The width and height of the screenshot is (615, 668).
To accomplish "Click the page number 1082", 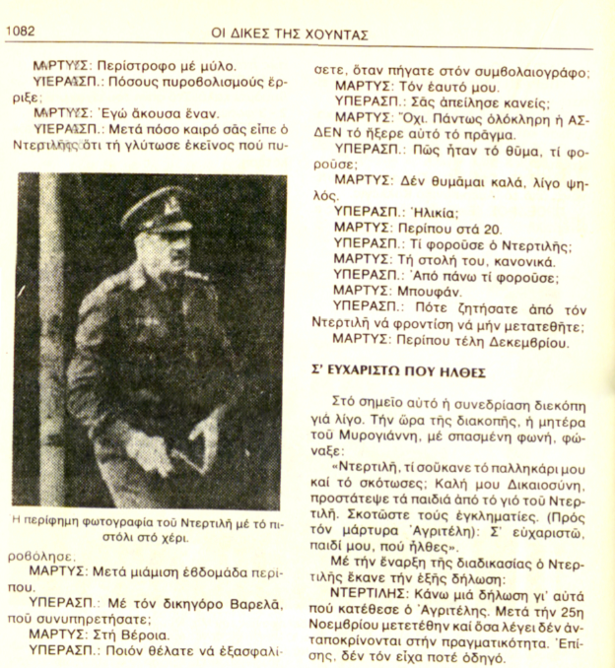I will [23, 33].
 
